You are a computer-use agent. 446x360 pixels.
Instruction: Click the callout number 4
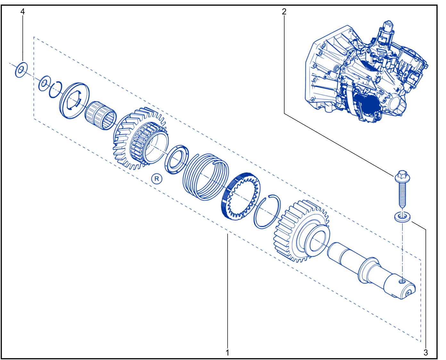[x=23, y=12]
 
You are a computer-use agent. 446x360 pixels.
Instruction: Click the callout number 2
[x=284, y=12]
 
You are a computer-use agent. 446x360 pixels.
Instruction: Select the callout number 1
[x=227, y=352]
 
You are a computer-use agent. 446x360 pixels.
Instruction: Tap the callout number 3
[x=426, y=352]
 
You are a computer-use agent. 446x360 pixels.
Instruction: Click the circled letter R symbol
[x=157, y=179]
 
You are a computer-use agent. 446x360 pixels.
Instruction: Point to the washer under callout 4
[x=21, y=70]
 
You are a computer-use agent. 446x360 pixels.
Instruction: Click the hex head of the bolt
[x=402, y=176]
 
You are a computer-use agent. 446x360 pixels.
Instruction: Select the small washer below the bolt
[x=402, y=217]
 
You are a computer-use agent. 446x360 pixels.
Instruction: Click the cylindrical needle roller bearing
[x=101, y=115]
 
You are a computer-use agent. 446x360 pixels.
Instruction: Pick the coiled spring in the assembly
[x=206, y=177]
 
